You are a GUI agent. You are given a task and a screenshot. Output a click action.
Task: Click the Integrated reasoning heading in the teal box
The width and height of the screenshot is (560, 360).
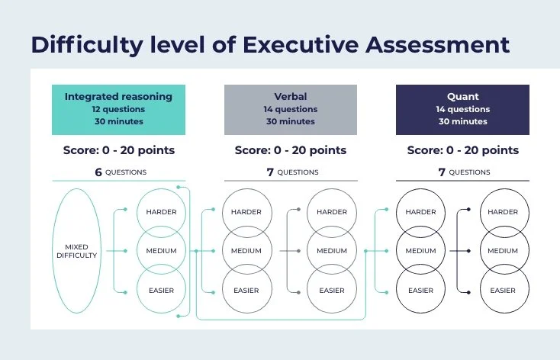(118, 97)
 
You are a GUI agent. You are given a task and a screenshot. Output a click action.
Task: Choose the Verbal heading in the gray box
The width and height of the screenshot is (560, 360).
(290, 97)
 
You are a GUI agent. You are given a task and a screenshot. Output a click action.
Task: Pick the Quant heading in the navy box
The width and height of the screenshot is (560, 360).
(462, 97)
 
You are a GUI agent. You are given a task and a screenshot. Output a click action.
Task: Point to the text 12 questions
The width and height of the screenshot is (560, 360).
(118, 109)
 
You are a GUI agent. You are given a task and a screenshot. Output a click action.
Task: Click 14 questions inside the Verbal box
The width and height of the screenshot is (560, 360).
(290, 109)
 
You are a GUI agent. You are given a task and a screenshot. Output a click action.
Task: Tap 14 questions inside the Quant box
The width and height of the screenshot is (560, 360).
(462, 109)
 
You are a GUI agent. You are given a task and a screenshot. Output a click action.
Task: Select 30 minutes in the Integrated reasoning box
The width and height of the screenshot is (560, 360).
(118, 121)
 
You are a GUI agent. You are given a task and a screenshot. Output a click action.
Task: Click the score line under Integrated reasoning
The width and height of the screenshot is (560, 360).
(118, 150)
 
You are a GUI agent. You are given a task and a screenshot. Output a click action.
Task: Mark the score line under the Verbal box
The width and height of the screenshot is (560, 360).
(290, 150)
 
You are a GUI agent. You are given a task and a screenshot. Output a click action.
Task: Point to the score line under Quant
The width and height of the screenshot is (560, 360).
(462, 150)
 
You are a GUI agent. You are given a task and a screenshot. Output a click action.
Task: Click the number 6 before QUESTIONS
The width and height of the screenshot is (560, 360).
(98, 172)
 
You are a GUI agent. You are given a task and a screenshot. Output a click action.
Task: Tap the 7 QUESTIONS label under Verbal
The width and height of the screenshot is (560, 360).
(292, 172)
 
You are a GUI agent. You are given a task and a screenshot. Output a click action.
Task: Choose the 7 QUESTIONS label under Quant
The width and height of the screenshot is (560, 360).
(464, 172)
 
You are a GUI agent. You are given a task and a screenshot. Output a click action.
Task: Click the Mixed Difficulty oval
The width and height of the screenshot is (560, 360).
(76, 251)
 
